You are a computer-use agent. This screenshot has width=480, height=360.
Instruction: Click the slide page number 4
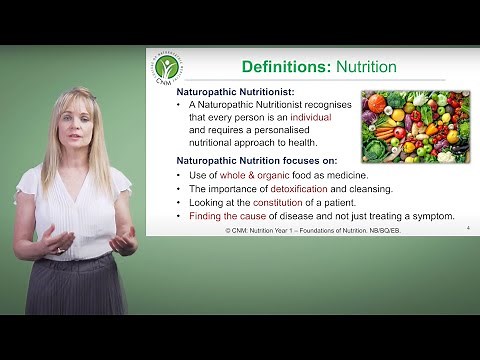point(468,229)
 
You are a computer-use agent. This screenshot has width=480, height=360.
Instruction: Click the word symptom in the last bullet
point(431,216)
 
